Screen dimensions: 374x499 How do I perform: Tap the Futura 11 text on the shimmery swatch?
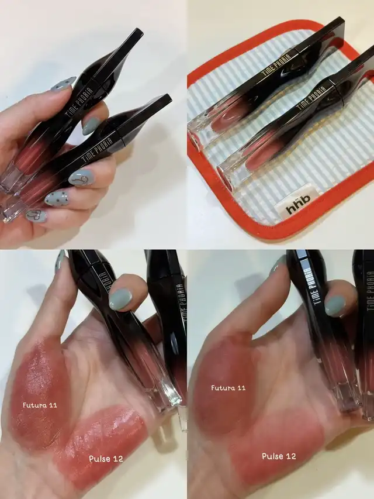coord(40,405)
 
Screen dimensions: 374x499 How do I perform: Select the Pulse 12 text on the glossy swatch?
coord(106,459)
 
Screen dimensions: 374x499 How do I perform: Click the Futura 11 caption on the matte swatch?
coord(228,388)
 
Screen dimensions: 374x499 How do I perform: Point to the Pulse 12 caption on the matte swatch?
coord(279,456)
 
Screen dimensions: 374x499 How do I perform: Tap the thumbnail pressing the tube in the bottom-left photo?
coord(120,299)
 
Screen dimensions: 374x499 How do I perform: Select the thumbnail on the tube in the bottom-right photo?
coord(335,306)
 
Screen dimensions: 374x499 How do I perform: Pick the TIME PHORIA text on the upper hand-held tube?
coord(81,101)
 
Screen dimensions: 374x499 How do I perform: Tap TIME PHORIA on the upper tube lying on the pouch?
coord(276,64)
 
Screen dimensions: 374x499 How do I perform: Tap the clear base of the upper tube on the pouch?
coord(201,130)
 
